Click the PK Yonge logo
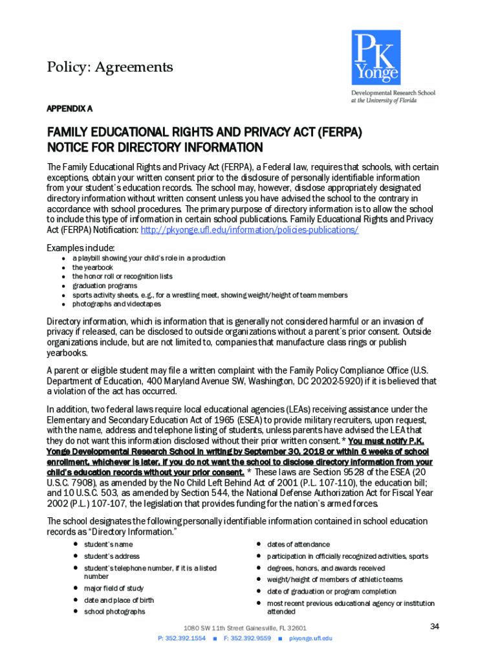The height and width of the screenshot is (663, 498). tap(376, 58)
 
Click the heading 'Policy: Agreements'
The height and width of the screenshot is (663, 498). tap(110, 67)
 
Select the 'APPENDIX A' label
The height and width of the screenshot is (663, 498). tap(69, 107)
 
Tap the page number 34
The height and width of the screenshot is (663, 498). tap(435, 626)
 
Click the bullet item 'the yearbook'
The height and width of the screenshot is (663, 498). tap(92, 267)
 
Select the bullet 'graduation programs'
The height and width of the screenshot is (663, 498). tap(104, 286)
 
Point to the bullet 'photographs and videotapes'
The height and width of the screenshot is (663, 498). tap(116, 304)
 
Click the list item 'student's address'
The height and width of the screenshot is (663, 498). tap(112, 556)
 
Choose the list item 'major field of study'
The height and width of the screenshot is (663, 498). tap(114, 588)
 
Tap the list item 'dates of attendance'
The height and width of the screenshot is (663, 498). tap(298, 545)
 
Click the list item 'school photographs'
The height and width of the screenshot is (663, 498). tap(114, 611)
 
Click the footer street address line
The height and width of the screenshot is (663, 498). tap(244, 628)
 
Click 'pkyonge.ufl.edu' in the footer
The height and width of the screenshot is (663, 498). tap(310, 638)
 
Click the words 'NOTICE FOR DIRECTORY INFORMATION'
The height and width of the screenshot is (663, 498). tap(155, 148)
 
